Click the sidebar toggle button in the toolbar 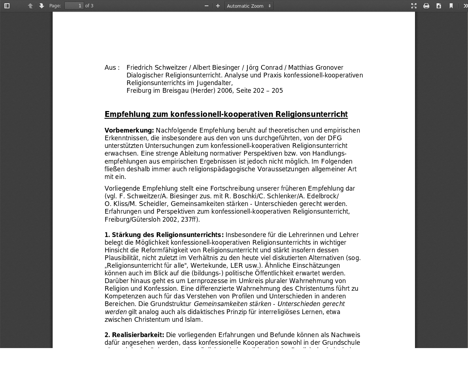click(x=7, y=6)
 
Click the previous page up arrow click(x=30, y=6)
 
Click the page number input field click(x=74, y=6)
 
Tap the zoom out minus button click(x=207, y=6)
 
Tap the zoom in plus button click(x=218, y=6)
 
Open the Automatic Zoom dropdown click(x=249, y=6)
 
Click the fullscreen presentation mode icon click(x=414, y=6)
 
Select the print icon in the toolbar click(x=426, y=6)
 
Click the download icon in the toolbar click(x=439, y=6)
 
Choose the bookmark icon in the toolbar click(x=451, y=6)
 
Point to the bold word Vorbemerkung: click(x=129, y=130)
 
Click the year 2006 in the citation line click(x=224, y=91)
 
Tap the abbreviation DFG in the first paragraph click(x=335, y=138)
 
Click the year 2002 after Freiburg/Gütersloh click(x=170, y=220)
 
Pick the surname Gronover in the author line click(x=329, y=68)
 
